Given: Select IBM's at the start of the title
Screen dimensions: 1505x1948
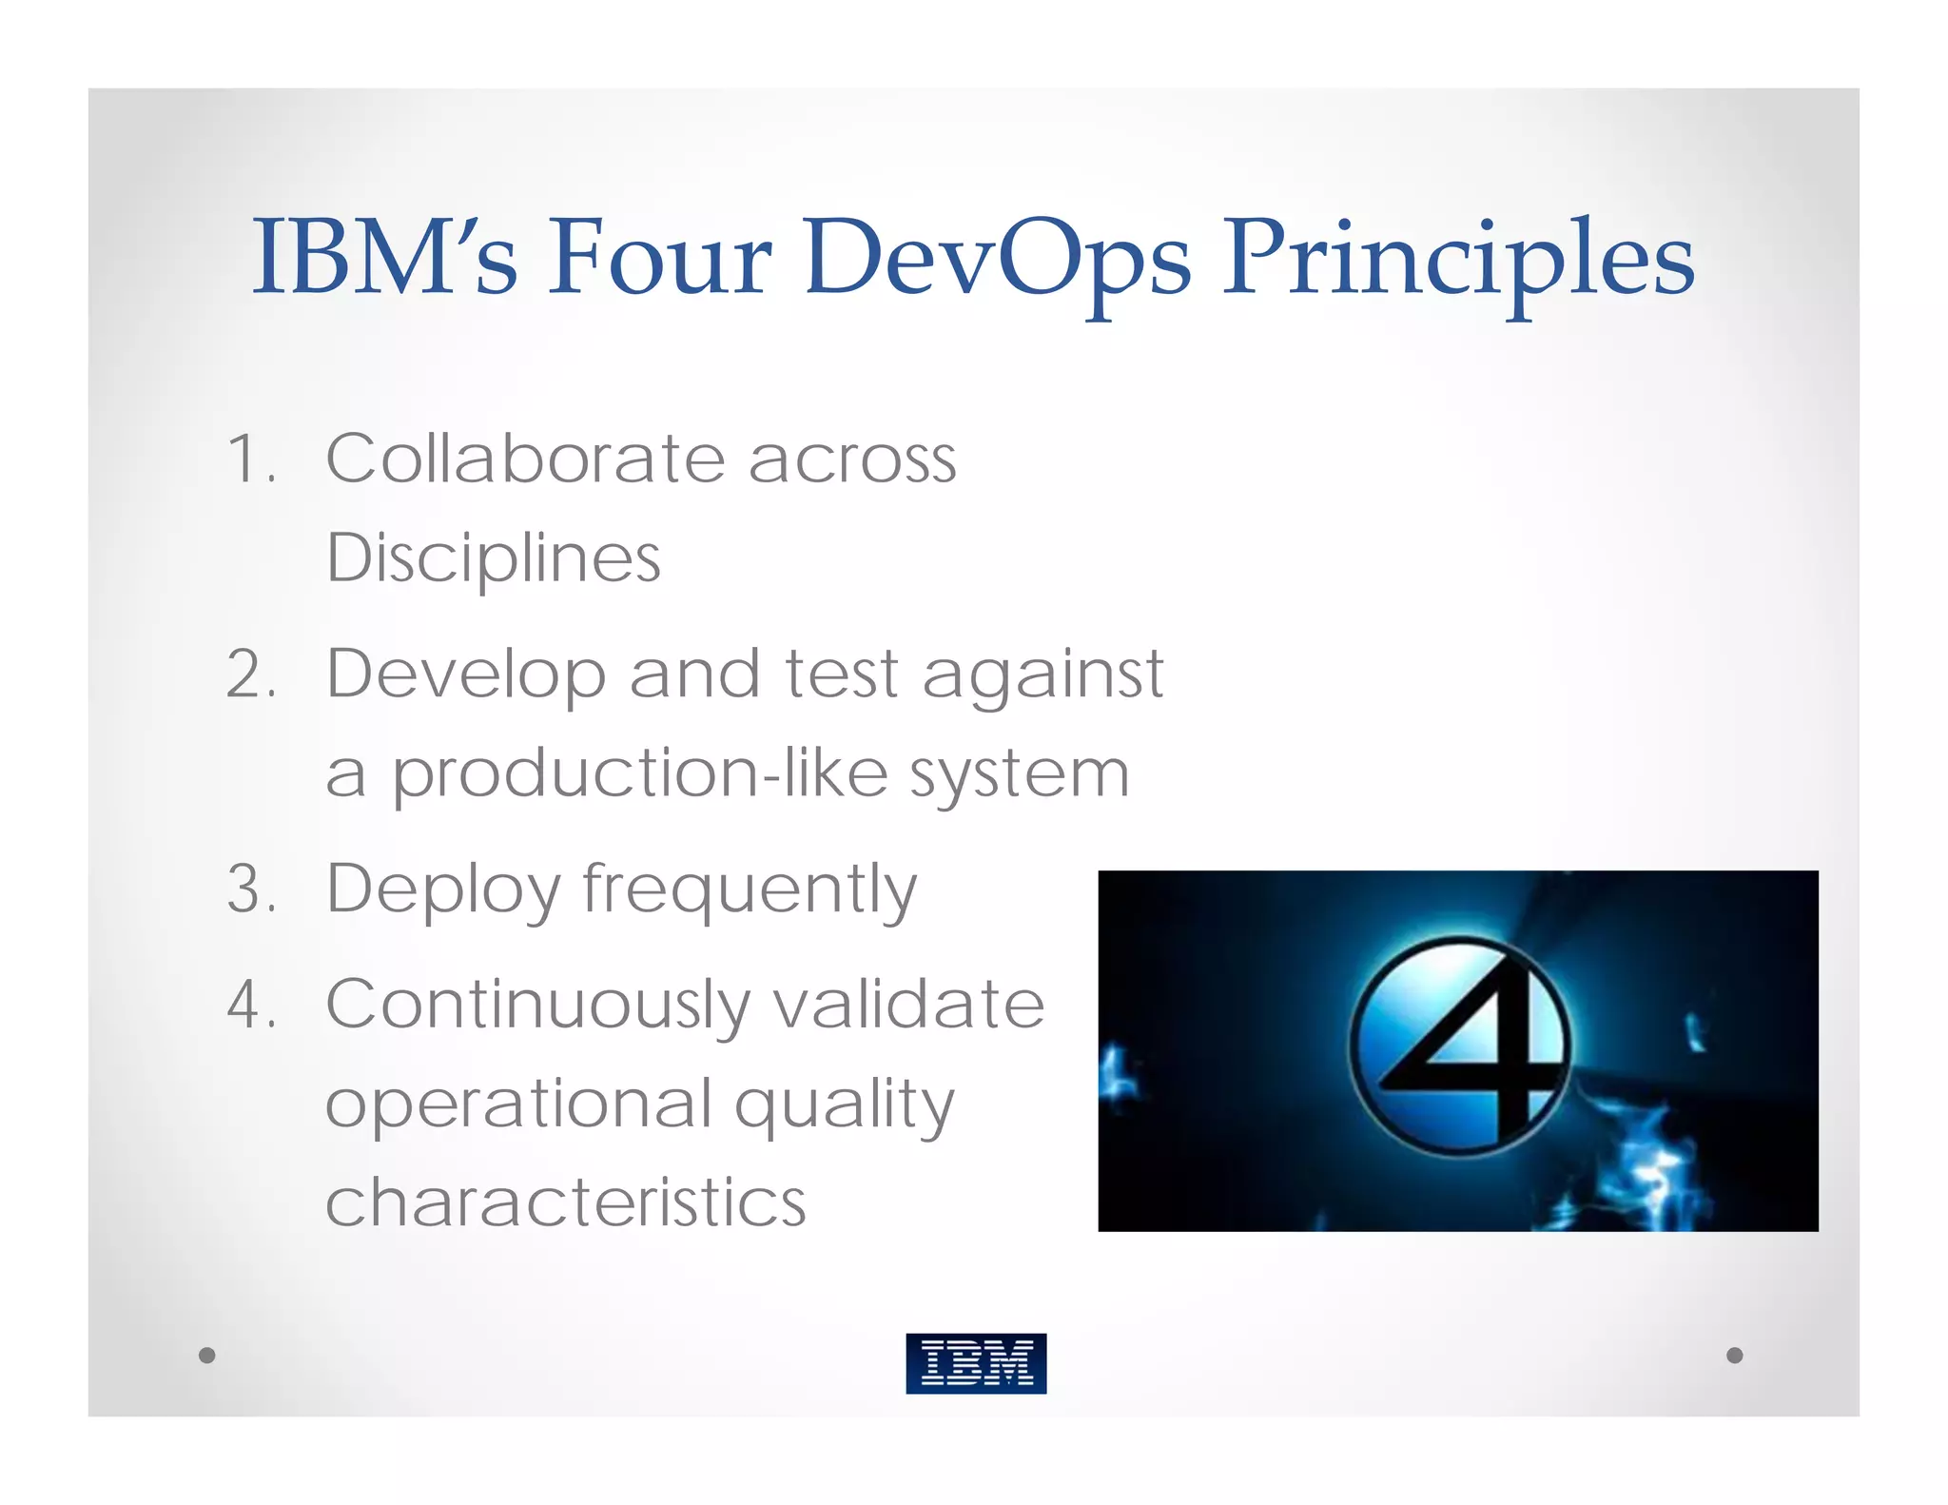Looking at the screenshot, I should coord(384,257).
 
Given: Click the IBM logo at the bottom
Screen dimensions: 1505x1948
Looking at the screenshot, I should coord(976,1362).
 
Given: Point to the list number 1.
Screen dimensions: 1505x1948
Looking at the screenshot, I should coord(249,459).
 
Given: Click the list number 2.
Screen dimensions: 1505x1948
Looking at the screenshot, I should coord(249,674).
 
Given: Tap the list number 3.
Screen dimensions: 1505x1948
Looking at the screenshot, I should coord(249,889).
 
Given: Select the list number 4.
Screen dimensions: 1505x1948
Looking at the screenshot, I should coord(249,1005).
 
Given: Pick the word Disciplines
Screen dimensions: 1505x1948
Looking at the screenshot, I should coord(493,558).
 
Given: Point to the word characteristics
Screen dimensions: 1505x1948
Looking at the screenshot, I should coord(565,1202).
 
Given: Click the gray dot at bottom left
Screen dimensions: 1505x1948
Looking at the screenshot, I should coord(206,1355).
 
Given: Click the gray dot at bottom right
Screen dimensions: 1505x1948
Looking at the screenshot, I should coord(1734,1355).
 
